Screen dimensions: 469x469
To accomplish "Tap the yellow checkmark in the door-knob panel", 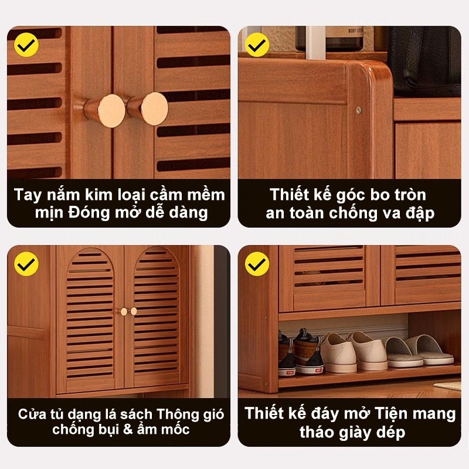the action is [x=26, y=45].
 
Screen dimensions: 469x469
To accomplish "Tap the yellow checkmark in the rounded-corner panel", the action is [x=257, y=45].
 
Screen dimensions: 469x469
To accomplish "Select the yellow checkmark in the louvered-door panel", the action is [x=26, y=263].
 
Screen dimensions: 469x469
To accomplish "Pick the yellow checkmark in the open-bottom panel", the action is [x=257, y=263].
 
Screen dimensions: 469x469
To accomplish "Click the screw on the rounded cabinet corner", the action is [x=359, y=110].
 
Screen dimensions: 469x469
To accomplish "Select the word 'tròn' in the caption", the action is [x=410, y=195].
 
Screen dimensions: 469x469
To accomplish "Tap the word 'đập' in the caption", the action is [x=420, y=213].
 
